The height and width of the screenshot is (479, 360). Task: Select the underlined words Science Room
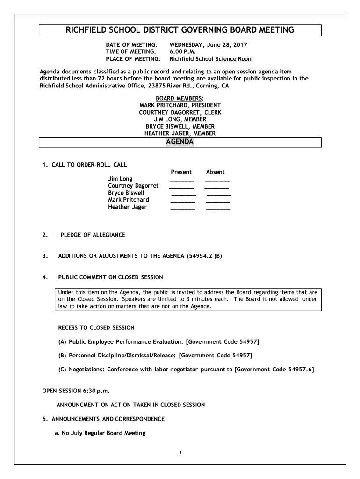tap(234, 59)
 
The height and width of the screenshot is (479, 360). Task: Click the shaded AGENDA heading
tap(180, 142)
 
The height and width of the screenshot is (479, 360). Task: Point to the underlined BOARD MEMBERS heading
tap(180, 99)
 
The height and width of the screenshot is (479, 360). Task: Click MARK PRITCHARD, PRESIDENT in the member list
tap(180, 106)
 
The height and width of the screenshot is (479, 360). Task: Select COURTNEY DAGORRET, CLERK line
tap(180, 113)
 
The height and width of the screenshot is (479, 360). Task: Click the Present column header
tap(181, 172)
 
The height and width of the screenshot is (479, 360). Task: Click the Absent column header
tap(216, 172)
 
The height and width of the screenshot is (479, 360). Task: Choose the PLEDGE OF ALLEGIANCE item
tap(93, 235)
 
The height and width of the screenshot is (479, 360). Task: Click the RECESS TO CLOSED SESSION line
tap(96, 327)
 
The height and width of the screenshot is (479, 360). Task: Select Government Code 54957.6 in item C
tap(274, 370)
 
